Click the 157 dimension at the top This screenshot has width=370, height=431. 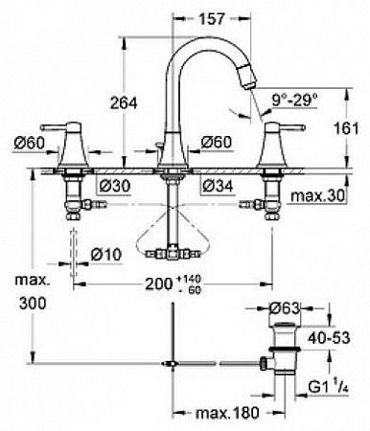pyautogui.click(x=212, y=19)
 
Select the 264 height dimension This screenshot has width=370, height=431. pyautogui.click(x=124, y=103)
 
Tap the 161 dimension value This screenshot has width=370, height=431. pyautogui.click(x=346, y=128)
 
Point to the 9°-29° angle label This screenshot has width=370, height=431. pyautogui.click(x=294, y=101)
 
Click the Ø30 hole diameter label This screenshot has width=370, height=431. pyautogui.click(x=115, y=186)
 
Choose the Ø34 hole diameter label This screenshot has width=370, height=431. pyautogui.click(x=219, y=186)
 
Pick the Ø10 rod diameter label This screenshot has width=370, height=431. pyautogui.click(x=106, y=255)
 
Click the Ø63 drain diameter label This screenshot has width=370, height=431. pyautogui.click(x=285, y=308)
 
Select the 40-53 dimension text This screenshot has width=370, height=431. pyautogui.click(x=329, y=338)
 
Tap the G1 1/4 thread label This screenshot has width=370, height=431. pyautogui.click(x=328, y=387)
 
